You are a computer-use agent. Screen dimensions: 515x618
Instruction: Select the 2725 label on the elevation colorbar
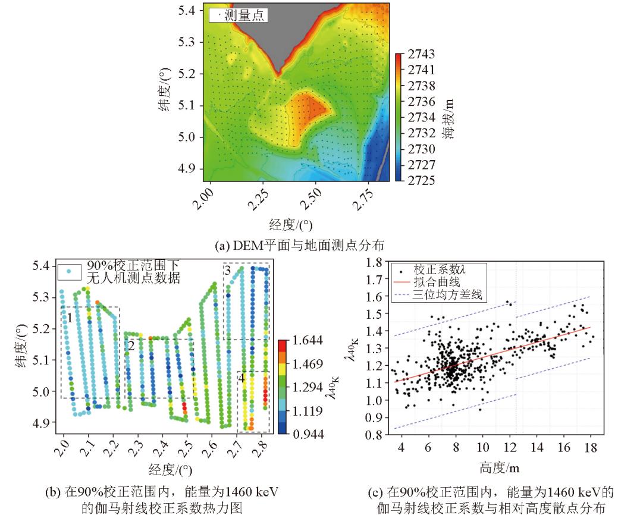click(421, 180)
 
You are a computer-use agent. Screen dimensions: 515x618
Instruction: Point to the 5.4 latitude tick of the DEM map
click(190, 10)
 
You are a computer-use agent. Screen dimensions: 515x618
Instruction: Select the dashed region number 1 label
click(70, 318)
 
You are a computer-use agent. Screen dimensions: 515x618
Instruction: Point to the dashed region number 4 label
click(241, 377)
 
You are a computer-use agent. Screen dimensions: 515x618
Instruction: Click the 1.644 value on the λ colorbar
click(308, 341)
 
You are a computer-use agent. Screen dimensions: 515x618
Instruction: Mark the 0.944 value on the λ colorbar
click(308, 434)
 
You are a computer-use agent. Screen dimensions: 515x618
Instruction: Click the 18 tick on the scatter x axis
click(591, 448)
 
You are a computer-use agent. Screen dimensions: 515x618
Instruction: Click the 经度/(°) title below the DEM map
click(291, 224)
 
